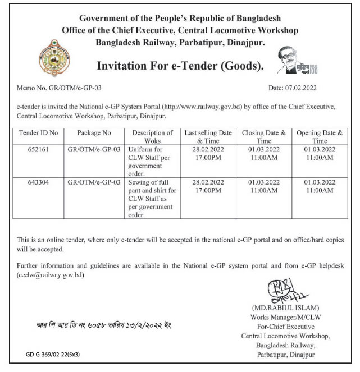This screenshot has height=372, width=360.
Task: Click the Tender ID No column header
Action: coord(38,133)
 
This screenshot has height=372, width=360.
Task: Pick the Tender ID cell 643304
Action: coord(38,182)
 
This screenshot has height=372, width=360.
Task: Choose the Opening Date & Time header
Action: coord(320,137)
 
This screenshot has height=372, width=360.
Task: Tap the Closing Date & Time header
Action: coord(264,137)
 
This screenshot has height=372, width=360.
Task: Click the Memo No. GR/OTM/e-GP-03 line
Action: coord(58,89)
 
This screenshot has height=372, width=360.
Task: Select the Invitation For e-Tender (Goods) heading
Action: coord(180,66)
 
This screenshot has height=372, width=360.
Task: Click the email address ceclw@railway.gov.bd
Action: coord(51,275)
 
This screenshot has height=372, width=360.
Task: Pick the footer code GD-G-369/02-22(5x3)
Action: coord(53,355)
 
